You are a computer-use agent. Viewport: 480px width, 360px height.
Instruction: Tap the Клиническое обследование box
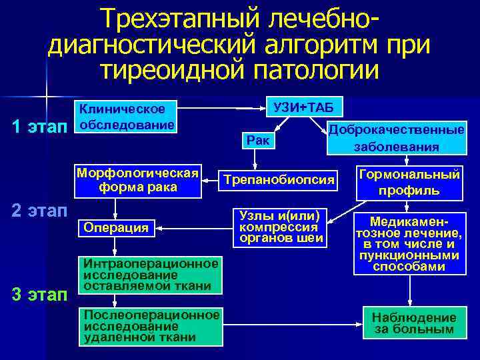click(x=127, y=117)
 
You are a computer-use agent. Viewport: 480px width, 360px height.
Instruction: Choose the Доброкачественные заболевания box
click(x=397, y=138)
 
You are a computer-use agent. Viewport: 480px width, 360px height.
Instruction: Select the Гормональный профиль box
click(x=409, y=182)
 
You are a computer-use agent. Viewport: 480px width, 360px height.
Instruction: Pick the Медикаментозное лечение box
click(x=409, y=243)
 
